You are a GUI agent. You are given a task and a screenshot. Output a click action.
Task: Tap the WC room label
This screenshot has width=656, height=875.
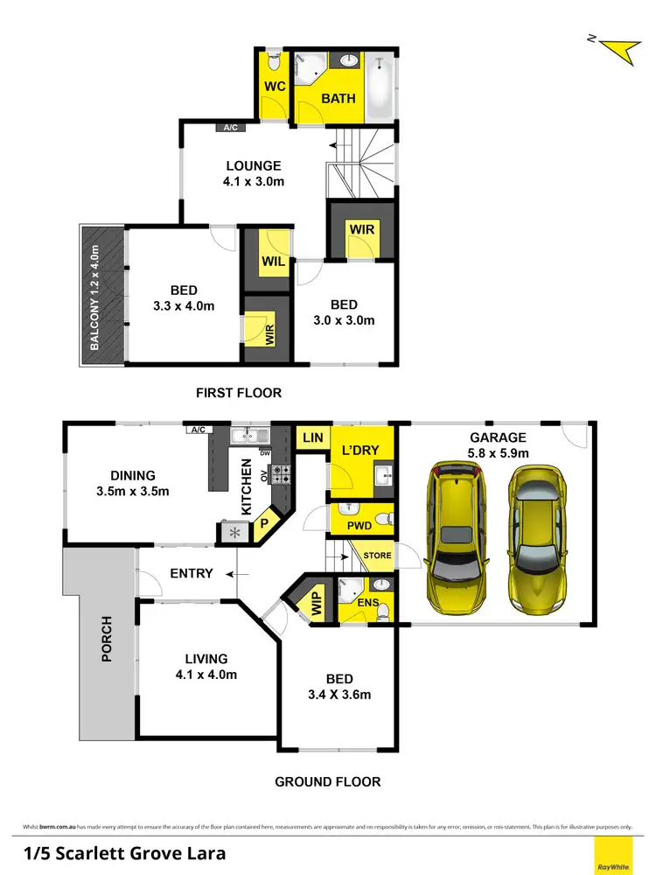tap(274, 87)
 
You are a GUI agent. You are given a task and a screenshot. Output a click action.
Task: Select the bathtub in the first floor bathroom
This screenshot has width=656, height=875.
tap(380, 87)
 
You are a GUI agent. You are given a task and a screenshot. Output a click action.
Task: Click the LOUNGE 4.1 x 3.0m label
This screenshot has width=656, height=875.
tap(254, 173)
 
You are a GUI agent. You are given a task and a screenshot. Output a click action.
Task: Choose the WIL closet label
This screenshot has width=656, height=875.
tap(273, 261)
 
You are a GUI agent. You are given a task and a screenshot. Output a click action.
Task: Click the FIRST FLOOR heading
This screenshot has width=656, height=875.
tap(239, 393)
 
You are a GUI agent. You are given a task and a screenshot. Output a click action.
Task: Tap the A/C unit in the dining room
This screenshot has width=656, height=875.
tap(196, 430)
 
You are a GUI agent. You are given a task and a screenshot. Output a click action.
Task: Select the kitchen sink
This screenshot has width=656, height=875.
tap(249, 434)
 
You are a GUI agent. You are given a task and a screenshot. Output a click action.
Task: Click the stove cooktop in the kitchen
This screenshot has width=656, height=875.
tap(282, 474)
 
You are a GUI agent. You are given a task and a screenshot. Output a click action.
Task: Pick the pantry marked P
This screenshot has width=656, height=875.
tap(263, 524)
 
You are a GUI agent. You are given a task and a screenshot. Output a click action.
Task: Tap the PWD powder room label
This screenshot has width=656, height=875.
tap(359, 527)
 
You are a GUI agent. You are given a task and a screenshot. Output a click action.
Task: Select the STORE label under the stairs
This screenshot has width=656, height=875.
tap(378, 556)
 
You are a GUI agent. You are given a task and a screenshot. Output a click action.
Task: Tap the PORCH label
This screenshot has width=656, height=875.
tap(107, 639)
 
